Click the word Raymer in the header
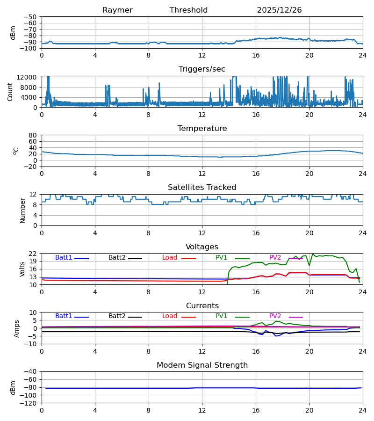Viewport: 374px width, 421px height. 117,10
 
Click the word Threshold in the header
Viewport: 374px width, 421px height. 188,10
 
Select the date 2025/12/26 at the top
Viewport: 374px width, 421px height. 279,10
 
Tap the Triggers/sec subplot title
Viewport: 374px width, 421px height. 202,69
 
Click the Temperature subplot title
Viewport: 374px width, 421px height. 202,129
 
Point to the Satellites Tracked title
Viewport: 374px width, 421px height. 202,188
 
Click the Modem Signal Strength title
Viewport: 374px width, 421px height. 202,365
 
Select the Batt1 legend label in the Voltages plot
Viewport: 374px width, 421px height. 64,258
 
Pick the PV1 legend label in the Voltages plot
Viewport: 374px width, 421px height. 222,258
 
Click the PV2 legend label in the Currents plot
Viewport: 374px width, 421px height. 275,316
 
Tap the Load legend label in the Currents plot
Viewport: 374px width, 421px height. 170,316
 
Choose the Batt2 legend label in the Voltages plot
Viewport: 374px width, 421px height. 117,258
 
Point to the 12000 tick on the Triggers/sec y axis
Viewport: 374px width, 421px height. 29,77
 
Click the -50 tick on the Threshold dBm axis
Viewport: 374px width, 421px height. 32,17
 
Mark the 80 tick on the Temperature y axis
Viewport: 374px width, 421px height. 34,135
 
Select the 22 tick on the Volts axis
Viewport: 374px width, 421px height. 34,254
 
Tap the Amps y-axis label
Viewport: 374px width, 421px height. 17,328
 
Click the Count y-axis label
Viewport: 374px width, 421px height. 10,92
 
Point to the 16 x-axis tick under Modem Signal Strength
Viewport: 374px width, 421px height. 256,410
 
